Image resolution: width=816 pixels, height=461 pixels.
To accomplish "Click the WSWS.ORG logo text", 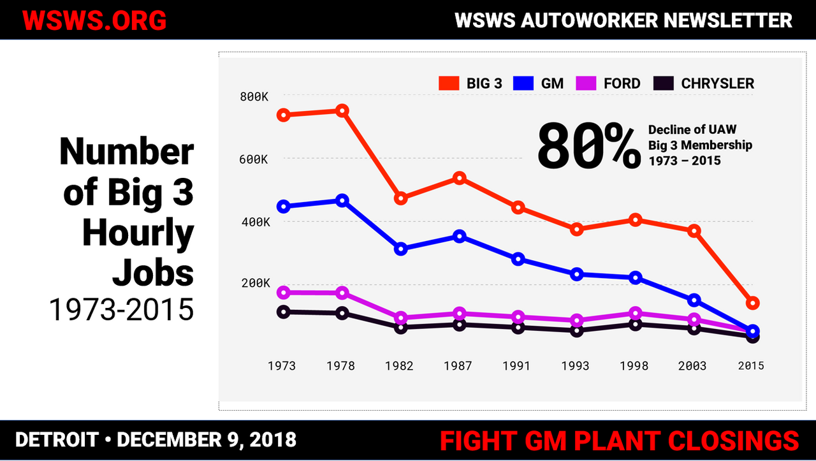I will coord(94,20).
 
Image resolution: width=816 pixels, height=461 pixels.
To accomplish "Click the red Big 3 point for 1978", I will coord(342,111).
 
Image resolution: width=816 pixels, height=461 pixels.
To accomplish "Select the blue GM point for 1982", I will coord(401,249).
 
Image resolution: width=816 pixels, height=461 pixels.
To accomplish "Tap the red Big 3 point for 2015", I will coord(752,303).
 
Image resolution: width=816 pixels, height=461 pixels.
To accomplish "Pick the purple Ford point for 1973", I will coord(284,293).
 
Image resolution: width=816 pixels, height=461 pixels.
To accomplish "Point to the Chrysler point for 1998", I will coord(635,325).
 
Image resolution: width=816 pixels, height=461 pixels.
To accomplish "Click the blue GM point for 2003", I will coord(694,300).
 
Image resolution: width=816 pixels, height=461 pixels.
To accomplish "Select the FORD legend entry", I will coord(609,84).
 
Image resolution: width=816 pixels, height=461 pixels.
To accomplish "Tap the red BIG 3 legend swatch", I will coord(449,84).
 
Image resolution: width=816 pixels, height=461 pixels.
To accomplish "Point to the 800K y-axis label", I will coord(255,97).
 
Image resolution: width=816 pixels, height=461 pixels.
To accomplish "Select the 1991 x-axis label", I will coord(516,366).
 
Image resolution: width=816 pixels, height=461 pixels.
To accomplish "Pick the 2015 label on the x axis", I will coord(750,366).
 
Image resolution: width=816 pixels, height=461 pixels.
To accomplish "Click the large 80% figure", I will coord(588,147).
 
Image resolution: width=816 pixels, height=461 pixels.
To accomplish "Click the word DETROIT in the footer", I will coord(57,440).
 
